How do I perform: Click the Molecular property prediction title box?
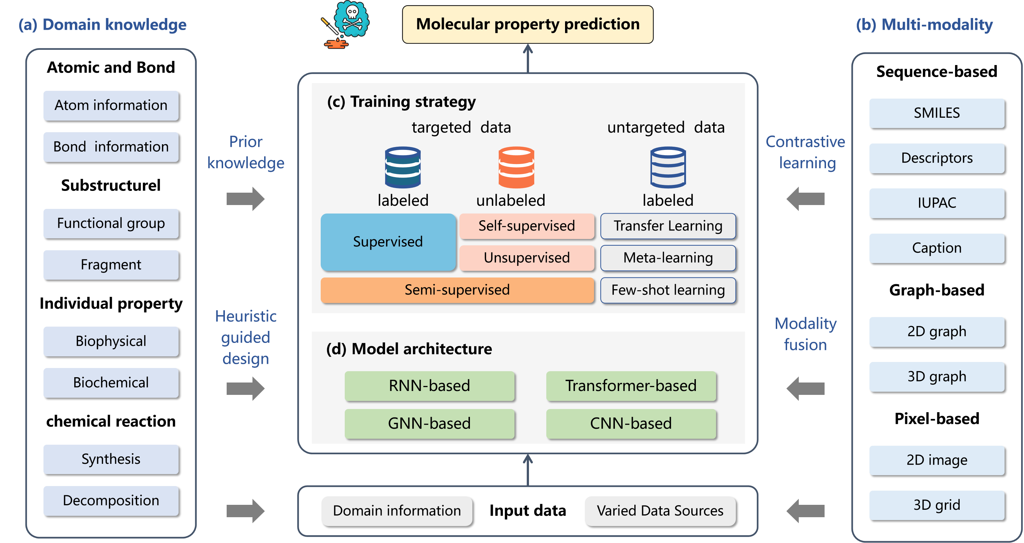(528, 24)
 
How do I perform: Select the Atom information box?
(111, 105)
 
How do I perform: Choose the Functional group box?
(111, 223)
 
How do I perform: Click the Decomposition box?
(111, 501)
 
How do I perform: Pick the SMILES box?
(937, 113)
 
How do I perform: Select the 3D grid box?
(937, 505)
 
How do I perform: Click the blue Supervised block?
(388, 242)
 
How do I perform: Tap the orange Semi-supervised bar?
(457, 290)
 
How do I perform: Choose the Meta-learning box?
(668, 258)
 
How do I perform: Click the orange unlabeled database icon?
(516, 167)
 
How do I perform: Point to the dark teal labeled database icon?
(403, 167)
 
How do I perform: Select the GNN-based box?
(429, 424)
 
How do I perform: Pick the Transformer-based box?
(631, 386)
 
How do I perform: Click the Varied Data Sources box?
(660, 511)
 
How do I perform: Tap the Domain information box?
(397, 511)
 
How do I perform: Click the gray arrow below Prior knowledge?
(245, 198)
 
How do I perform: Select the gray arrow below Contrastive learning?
(805, 198)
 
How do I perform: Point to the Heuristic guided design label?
(246, 337)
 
